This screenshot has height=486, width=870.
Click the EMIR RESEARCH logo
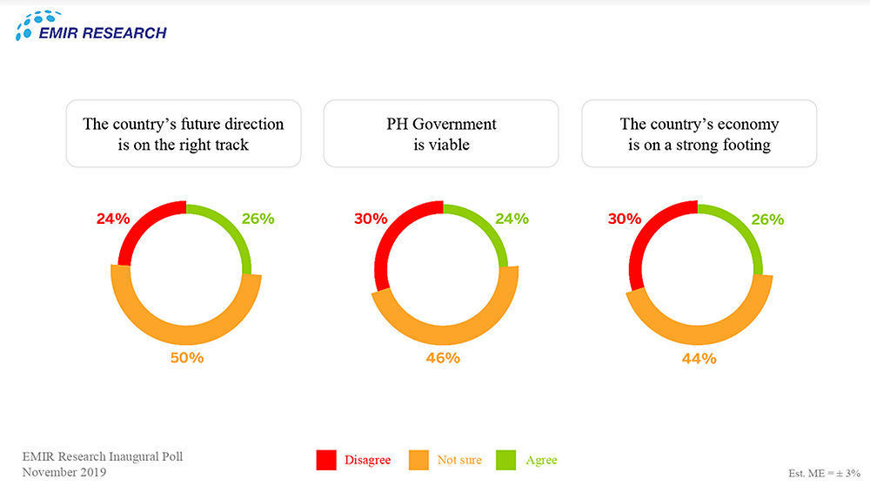[x=90, y=26]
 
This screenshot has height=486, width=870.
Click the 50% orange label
[x=185, y=358]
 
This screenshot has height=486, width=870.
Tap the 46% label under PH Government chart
[x=442, y=358]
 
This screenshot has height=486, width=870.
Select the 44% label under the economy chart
[x=699, y=358]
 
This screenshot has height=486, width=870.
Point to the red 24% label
[x=113, y=219]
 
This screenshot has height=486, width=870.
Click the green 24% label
[x=512, y=219]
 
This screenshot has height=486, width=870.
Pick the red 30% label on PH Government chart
[x=371, y=219]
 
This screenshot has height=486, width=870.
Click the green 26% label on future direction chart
[x=258, y=219]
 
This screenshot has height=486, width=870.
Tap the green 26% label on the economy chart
[x=766, y=219]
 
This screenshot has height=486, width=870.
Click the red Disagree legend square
[x=326, y=460]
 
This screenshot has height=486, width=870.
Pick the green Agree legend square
[x=506, y=460]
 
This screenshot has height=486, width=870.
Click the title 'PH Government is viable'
[x=441, y=134]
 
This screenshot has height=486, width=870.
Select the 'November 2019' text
[x=64, y=472]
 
